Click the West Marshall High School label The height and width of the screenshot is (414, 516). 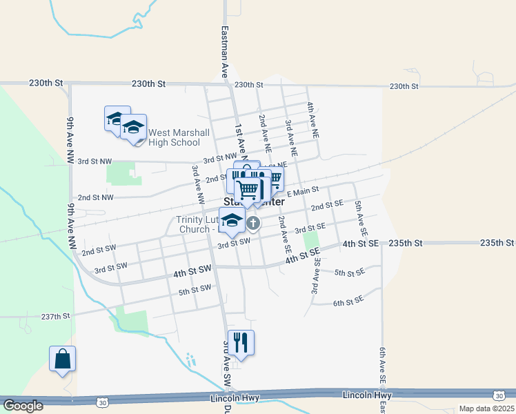pos(175,137)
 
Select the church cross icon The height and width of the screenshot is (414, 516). pos(253,223)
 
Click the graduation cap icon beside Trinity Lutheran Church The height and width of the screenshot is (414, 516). pos(232,221)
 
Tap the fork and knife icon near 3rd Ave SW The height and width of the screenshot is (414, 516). pos(241,342)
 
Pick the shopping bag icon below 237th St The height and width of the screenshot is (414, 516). pos(62,359)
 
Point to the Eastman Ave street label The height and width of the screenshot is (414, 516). pos(225,51)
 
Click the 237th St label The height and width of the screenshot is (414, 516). pos(57,316)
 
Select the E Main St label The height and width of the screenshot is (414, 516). pos(303,191)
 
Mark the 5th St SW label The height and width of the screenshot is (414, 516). pos(195,288)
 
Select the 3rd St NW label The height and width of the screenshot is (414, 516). pos(95,161)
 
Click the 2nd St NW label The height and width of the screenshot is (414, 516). pos(95,197)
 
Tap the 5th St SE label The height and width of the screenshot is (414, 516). pos(349,273)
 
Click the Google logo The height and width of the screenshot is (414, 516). pos(23,406)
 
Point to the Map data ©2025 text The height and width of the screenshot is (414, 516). pos(486,408)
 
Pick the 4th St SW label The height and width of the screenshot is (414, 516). pos(191,273)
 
